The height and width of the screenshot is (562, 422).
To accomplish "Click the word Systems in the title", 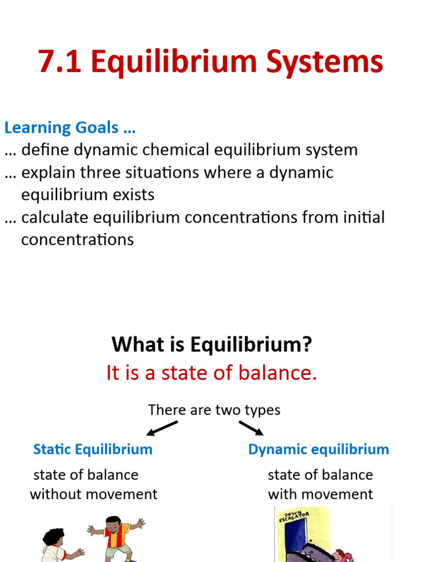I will point(325,61).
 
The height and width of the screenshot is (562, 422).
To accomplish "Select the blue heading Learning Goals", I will point(70,128).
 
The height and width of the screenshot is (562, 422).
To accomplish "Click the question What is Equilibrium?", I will point(212,345).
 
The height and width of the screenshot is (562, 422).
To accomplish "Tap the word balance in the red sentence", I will point(279,373).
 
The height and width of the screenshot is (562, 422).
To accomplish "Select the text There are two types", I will point(214,410).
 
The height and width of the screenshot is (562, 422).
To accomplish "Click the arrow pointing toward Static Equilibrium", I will point(162,428).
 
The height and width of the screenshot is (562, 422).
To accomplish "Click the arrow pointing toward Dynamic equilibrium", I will point(251,428).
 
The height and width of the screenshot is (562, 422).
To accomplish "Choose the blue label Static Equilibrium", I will point(93,449).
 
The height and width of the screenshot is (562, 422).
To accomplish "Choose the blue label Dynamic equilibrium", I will point(318,449).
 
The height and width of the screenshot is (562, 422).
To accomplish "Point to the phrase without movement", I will point(93,494).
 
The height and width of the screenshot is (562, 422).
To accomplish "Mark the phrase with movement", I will point(320,494).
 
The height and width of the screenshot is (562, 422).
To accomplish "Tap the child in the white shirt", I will point(55,546).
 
